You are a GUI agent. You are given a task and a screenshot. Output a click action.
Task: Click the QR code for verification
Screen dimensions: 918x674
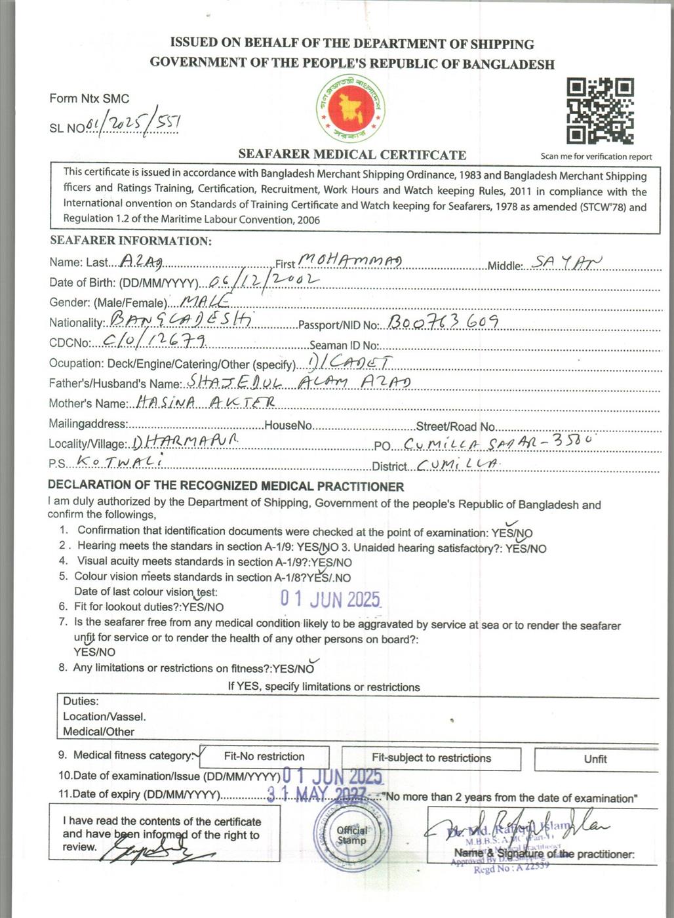click(x=600, y=111)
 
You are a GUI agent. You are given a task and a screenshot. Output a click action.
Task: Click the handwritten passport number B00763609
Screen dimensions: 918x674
click(x=443, y=322)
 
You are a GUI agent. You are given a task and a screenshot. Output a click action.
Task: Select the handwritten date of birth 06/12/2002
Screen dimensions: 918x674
click(x=262, y=281)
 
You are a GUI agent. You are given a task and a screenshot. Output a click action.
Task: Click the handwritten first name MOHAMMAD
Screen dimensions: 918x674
click(x=350, y=261)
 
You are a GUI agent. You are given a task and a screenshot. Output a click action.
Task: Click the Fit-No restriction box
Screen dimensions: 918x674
click(x=264, y=756)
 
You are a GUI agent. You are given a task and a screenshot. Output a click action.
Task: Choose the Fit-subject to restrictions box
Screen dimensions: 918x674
click(x=431, y=758)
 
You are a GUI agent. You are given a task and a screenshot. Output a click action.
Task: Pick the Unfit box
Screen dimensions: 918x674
click(x=595, y=759)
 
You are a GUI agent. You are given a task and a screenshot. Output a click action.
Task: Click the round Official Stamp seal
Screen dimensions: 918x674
click(x=351, y=835)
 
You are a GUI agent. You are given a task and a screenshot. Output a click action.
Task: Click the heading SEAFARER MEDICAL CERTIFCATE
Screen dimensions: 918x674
click(x=352, y=155)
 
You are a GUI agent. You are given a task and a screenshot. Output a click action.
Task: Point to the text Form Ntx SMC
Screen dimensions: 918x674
click(x=89, y=98)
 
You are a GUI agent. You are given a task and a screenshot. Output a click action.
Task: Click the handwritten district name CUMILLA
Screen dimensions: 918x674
click(x=457, y=464)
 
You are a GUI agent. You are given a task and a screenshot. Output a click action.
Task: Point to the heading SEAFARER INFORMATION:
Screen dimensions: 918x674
click(x=130, y=241)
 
